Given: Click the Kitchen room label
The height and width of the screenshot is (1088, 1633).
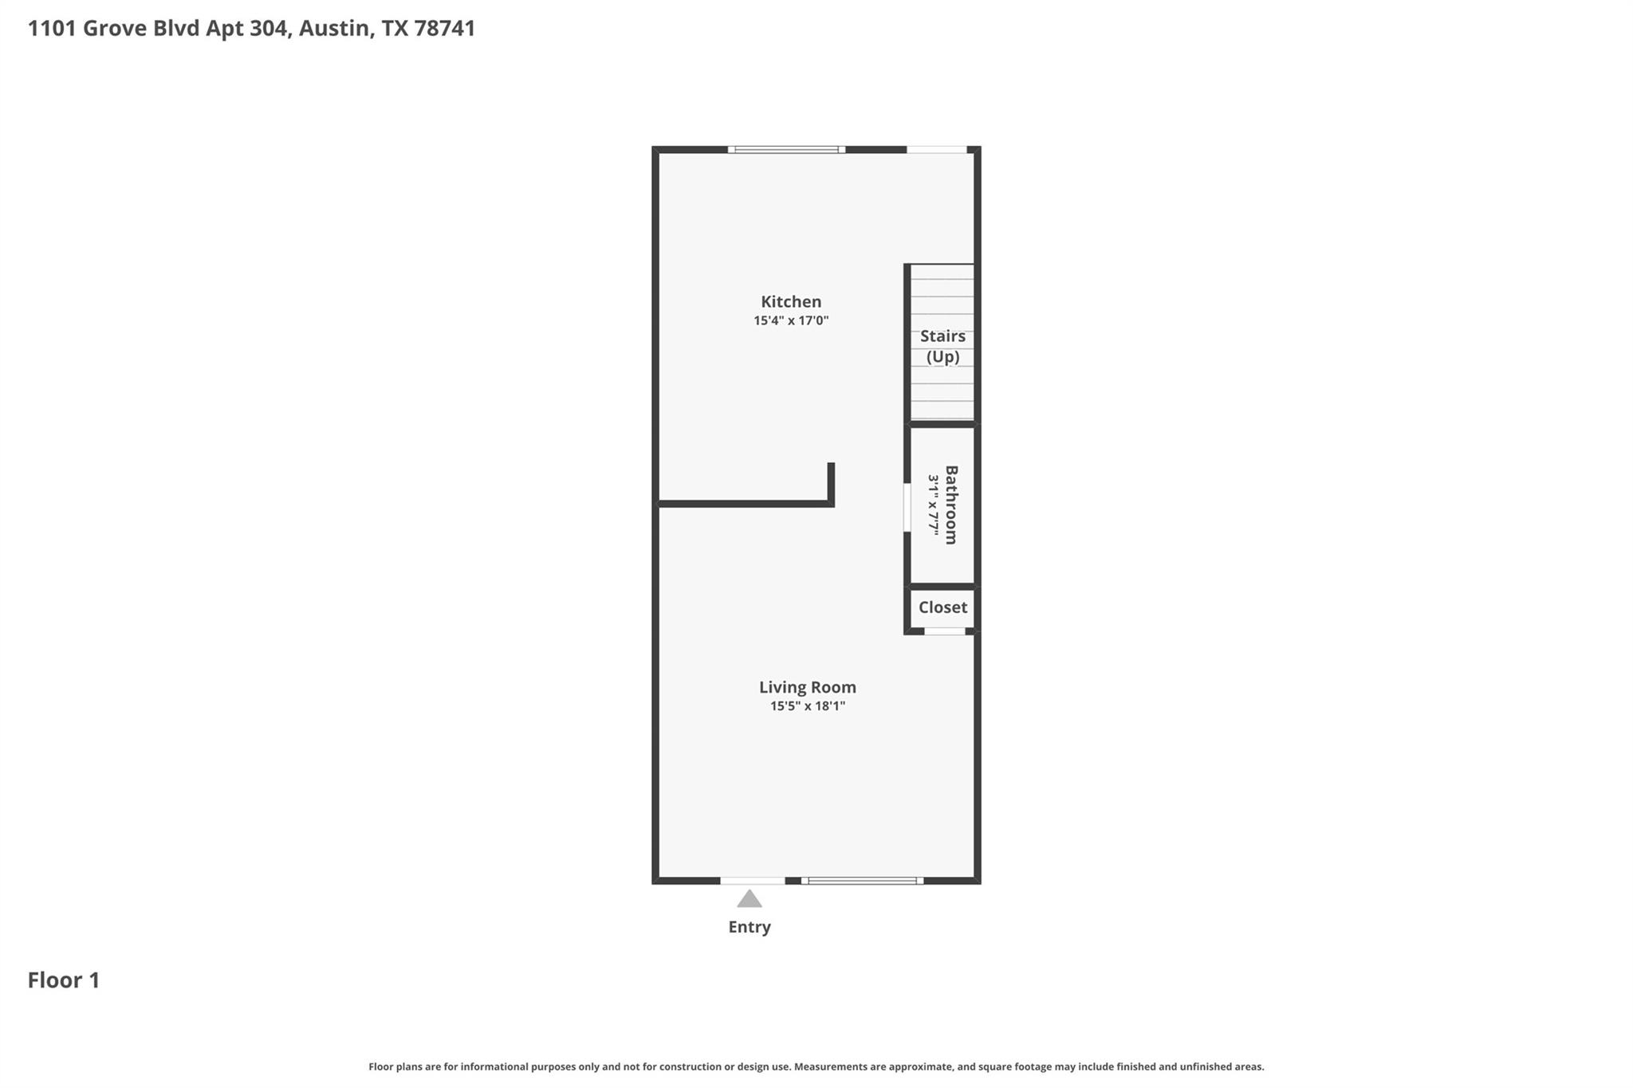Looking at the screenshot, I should [x=790, y=301].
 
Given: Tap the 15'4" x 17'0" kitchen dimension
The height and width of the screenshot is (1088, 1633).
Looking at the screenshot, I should [x=791, y=320].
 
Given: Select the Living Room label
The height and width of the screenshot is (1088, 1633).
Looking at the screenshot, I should [x=807, y=687].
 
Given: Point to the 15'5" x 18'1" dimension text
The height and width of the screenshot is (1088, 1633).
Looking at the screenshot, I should [x=807, y=706].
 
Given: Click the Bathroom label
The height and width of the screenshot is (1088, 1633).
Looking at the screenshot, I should [x=951, y=505].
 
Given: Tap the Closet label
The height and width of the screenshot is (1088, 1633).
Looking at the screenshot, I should [x=942, y=607].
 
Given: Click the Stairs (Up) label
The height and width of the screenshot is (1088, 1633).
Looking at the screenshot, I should [x=942, y=346].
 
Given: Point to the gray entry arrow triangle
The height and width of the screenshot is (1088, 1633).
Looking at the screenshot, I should [x=749, y=900].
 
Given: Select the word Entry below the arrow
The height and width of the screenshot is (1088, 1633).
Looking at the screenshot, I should [x=749, y=927].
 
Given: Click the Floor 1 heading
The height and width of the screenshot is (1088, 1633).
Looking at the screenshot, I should [x=64, y=980].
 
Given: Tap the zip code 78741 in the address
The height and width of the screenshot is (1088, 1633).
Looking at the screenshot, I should [x=444, y=29].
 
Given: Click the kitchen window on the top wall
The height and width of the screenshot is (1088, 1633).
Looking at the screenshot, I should [x=786, y=150].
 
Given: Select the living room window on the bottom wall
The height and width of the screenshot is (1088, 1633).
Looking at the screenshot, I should [x=862, y=881].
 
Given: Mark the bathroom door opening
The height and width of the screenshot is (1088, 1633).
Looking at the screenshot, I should [x=907, y=507].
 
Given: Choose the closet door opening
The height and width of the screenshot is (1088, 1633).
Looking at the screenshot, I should [x=945, y=631].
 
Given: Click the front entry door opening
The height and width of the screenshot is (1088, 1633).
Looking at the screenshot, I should [x=753, y=881].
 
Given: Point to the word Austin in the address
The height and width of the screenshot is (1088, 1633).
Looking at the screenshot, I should [x=335, y=29].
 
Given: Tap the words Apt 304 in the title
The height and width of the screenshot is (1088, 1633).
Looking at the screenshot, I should [x=247, y=29].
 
